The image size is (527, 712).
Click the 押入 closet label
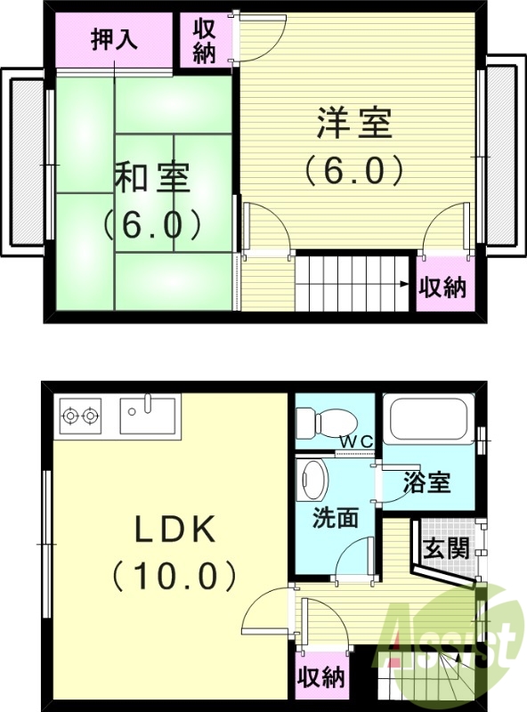113,41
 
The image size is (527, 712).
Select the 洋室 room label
353,124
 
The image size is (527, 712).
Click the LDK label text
174,531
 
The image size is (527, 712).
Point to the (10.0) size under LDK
174,576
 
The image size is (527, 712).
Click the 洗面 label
335,516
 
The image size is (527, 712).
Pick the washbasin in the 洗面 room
313,481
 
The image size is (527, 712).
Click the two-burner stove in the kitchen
79,415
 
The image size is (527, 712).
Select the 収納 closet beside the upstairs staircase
442,287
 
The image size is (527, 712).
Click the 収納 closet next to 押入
204,41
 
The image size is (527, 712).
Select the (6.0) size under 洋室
353,170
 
